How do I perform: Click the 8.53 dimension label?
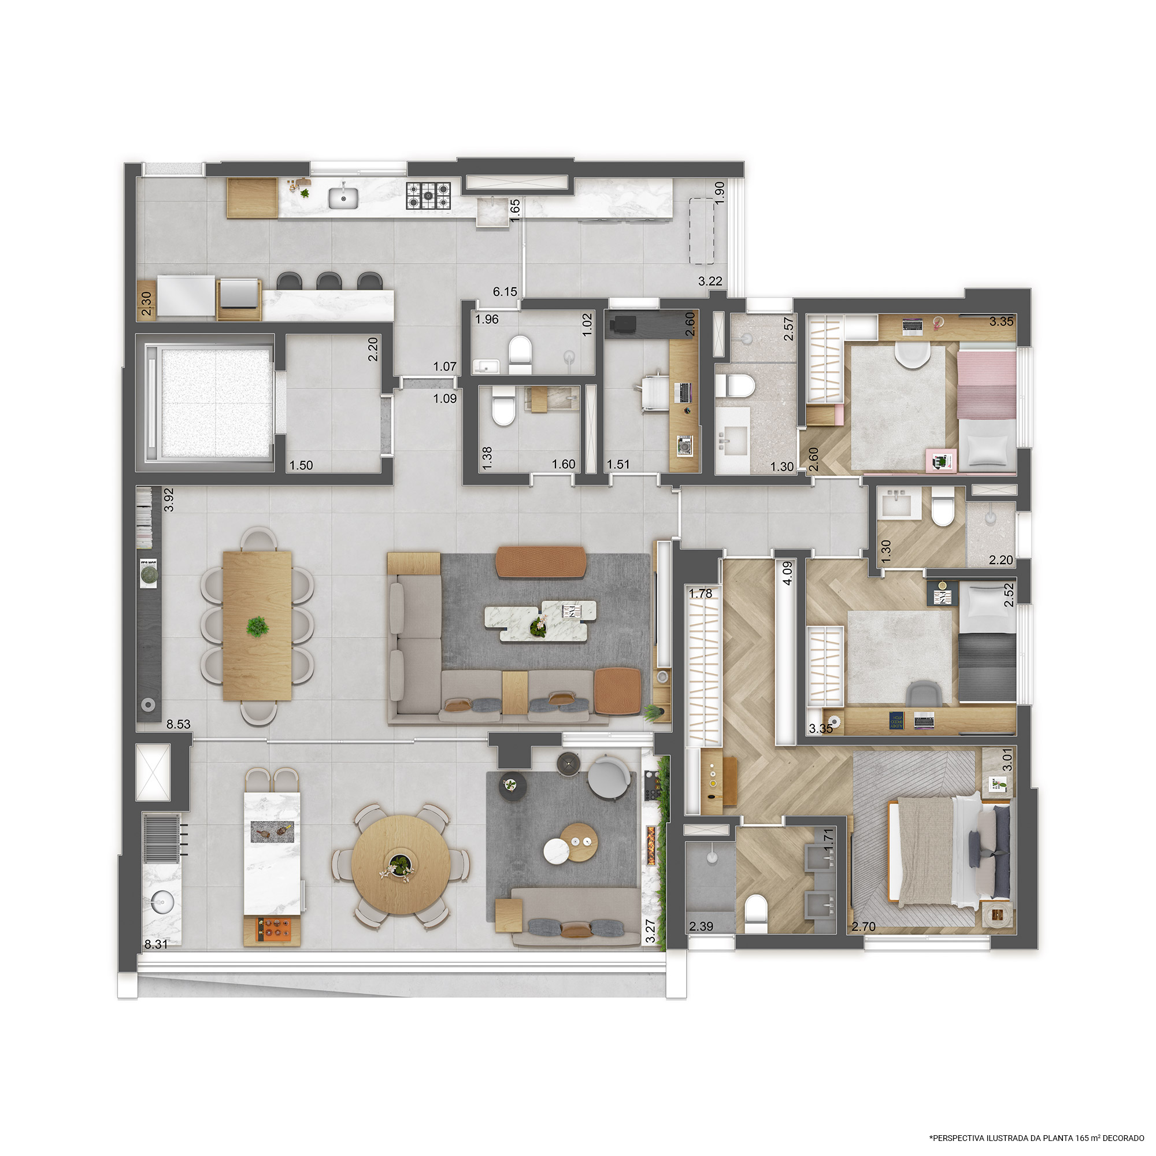pos(178,724)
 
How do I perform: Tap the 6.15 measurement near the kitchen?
pos(505,291)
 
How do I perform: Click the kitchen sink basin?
pos(343,198)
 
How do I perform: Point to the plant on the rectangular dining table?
pos(257,627)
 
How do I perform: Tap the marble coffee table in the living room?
pos(540,620)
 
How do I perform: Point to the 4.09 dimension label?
pos(787,573)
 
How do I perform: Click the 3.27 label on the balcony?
pos(650,931)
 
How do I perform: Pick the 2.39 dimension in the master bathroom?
pos(701,926)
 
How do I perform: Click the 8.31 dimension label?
pos(156,944)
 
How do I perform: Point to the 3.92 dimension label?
pos(169,499)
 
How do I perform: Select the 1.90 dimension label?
pos(720,193)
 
